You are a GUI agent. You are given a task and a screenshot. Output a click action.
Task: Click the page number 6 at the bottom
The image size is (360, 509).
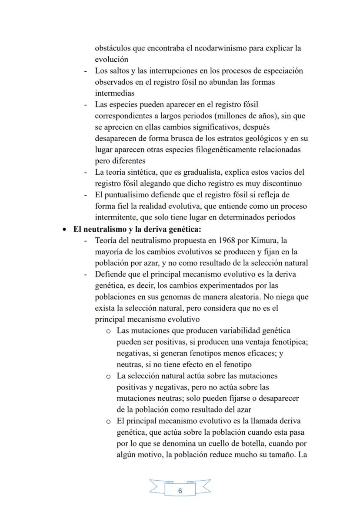pyautogui.click(x=180, y=491)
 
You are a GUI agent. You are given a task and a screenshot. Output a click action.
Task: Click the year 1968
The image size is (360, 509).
pyautogui.click(x=228, y=240)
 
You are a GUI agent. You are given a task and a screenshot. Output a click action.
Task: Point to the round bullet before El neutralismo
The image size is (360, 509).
pyautogui.click(x=64, y=230)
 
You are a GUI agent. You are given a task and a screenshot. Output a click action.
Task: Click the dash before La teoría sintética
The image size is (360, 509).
pyautogui.click(x=86, y=173)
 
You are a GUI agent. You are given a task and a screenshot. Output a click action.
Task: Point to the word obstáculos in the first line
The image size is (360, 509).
pyautogui.click(x=114, y=48)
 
